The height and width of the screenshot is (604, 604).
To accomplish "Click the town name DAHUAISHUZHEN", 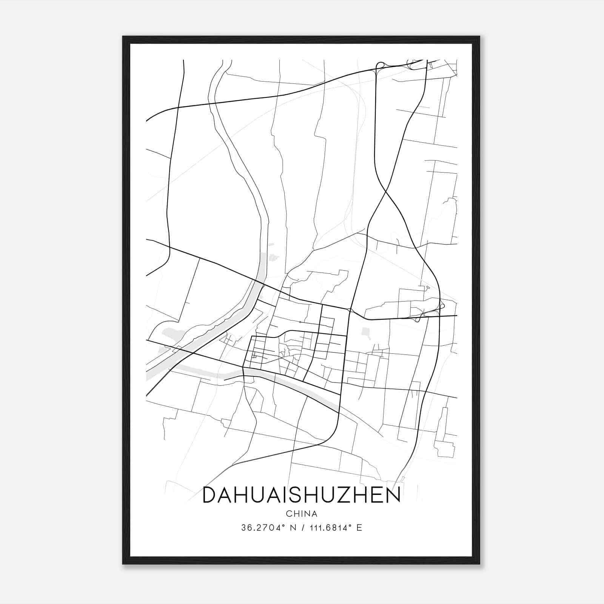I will (x=301, y=495).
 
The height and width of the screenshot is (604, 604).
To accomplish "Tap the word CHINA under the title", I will (x=302, y=514).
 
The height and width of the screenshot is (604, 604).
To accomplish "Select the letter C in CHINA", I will (x=288, y=514).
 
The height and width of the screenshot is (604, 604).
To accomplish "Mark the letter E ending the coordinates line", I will (x=359, y=528).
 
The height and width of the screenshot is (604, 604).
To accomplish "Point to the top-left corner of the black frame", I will (x=123, y=37).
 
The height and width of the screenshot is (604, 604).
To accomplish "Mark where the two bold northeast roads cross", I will (x=385, y=193).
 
